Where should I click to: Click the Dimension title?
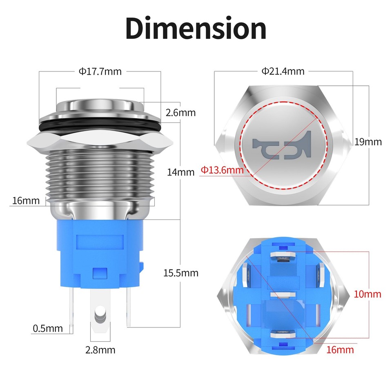click(196, 28)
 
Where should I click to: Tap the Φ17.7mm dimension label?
click(100, 71)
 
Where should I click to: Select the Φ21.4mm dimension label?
click(283, 71)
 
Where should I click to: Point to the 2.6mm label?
click(180, 112)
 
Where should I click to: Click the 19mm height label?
click(368, 142)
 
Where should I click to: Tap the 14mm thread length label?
click(180, 172)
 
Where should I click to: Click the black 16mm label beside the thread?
click(26, 200)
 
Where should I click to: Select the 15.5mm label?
click(180, 273)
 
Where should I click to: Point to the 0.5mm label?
click(48, 328)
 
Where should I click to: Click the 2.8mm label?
click(100, 350)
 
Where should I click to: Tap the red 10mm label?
click(367, 294)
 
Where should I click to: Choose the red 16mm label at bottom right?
click(339, 350)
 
